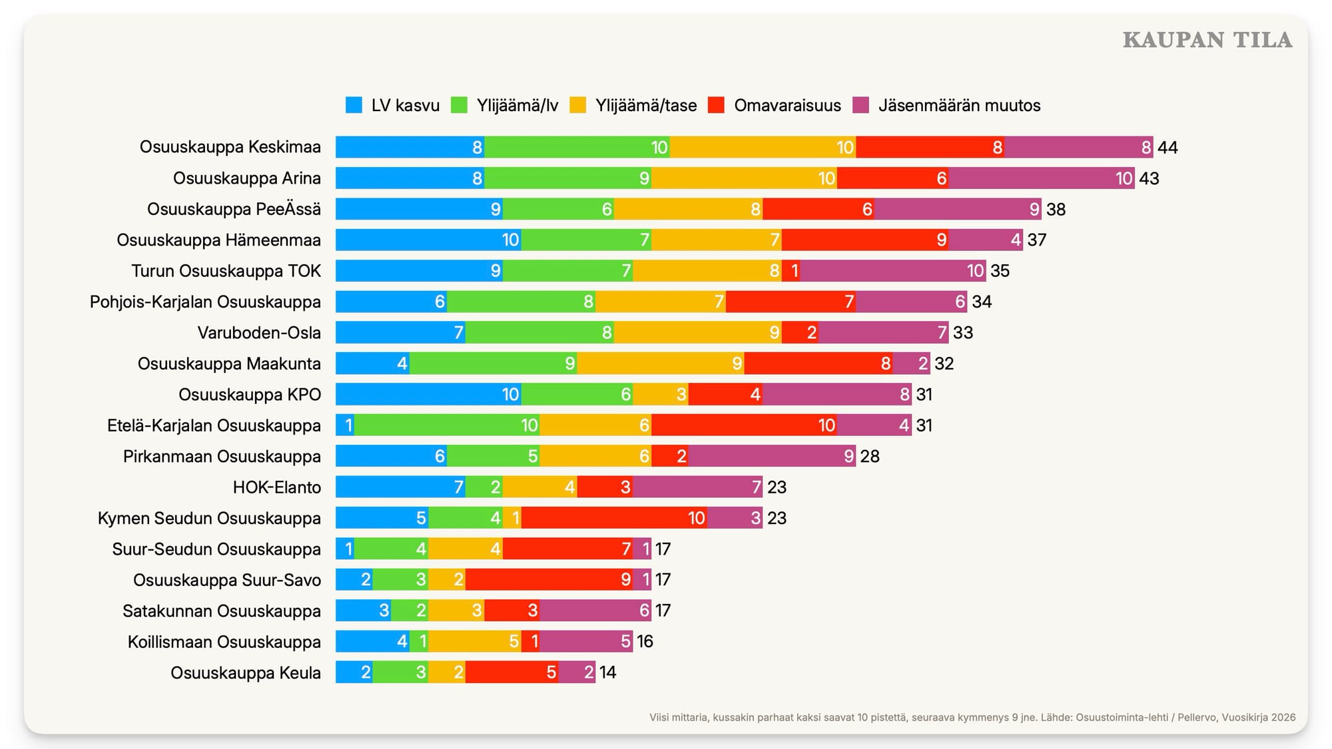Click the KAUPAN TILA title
tap(1207, 40)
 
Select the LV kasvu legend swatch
tap(354, 105)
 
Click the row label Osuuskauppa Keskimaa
tap(230, 147)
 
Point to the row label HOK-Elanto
tap(276, 487)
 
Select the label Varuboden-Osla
tap(259, 333)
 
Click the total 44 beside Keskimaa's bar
tap(1167, 147)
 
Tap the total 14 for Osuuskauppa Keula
tap(607, 672)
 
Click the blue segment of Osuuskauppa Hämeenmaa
tap(428, 240)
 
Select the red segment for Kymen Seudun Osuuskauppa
tap(614, 518)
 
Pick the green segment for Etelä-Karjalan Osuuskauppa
tap(447, 425)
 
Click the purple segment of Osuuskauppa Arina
tap(1042, 178)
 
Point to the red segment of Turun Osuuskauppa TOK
tap(791, 271)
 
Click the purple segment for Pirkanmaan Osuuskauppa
tap(772, 457)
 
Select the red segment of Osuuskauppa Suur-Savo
tap(549, 580)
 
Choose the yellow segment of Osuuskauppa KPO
tap(661, 395)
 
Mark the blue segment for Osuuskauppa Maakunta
tap(372, 364)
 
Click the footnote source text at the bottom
tap(972, 717)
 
